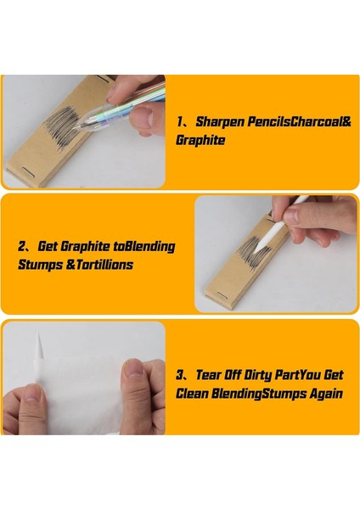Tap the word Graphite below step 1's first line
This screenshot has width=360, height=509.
click(x=200, y=140)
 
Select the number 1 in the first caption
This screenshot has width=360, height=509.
click(x=180, y=122)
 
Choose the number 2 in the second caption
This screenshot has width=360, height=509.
click(x=22, y=246)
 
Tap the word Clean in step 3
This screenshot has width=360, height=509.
click(x=192, y=394)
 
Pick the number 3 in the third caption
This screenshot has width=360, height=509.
click(x=180, y=375)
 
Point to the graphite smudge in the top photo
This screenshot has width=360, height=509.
click(x=62, y=126)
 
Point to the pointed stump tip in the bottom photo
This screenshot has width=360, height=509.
click(x=39, y=344)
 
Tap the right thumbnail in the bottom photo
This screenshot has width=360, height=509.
click(x=134, y=369)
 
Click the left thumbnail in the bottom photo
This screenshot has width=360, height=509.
click(x=33, y=394)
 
